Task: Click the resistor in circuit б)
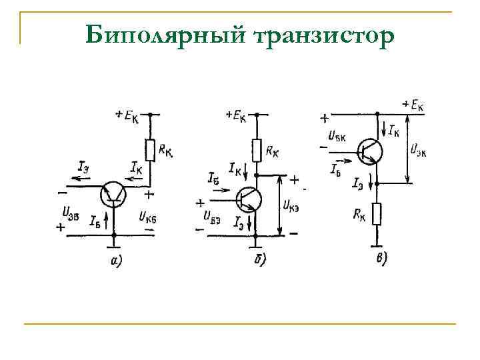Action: [x=257, y=150]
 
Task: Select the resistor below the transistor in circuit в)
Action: [x=377, y=214]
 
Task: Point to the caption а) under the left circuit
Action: [x=115, y=260]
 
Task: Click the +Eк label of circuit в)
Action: [x=414, y=105]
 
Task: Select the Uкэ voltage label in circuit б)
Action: [x=291, y=205]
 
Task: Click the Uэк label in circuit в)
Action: [x=418, y=148]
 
